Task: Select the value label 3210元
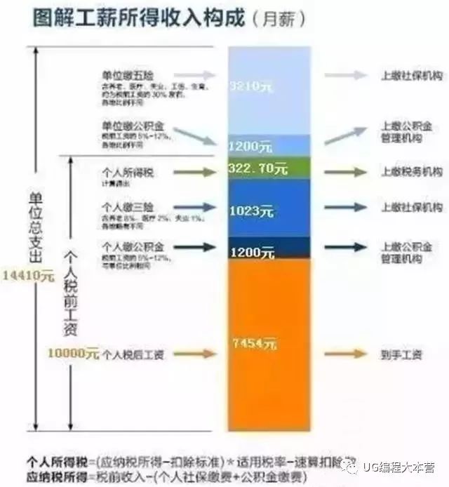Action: (250, 86)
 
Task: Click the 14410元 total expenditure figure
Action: (27, 275)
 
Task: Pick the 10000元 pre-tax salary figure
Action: (73, 354)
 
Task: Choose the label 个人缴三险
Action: (126, 208)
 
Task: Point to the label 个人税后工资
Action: (133, 355)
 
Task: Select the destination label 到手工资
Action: (401, 354)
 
